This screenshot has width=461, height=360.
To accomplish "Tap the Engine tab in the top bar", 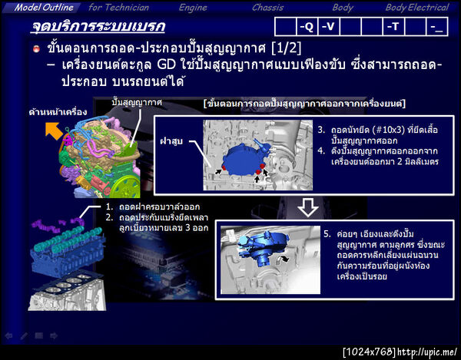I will (193, 7).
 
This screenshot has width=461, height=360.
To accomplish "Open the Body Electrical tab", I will (416, 7).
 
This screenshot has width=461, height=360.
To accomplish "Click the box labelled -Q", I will (306, 27).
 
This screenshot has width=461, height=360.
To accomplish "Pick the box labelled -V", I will (328, 27).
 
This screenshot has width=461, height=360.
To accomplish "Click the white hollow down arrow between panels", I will (305, 206).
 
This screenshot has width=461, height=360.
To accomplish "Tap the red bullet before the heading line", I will (35, 49).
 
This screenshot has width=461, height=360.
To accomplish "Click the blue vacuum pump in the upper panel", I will (244, 150).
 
